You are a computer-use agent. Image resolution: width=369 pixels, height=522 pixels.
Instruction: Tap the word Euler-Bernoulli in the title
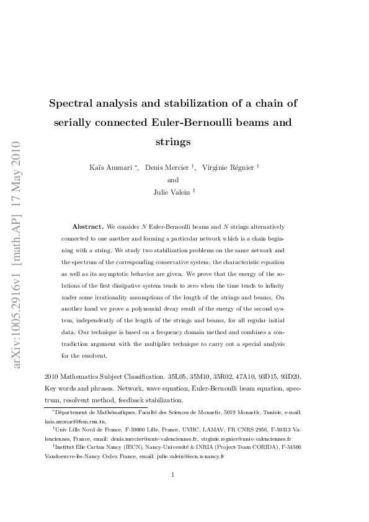195,122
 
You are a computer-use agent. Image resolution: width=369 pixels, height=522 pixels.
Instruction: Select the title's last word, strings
173,142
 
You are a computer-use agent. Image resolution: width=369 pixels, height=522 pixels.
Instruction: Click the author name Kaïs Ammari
111,167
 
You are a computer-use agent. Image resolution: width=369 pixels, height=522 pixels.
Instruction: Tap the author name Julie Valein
171,192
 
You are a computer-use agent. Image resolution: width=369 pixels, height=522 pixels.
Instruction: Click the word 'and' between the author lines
173,180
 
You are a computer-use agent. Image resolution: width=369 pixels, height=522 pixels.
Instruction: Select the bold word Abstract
87,228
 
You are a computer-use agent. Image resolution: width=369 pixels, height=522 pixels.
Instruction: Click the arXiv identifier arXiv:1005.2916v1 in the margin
18,322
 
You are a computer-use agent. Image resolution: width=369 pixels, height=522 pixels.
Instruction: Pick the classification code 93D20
290,376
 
